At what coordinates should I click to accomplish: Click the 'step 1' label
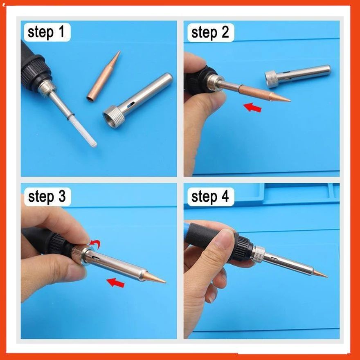[x=46, y=32]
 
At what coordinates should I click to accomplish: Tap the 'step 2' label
[x=210, y=32]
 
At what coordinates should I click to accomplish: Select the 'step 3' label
[x=47, y=196]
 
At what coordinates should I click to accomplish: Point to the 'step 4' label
[x=210, y=197]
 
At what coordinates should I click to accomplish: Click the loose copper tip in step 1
[x=103, y=76]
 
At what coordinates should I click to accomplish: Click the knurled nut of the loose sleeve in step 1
[x=114, y=117]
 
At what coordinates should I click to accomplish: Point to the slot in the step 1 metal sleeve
[x=131, y=105]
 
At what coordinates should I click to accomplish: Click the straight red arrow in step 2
[x=252, y=107]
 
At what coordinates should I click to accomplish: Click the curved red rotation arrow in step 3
[x=95, y=244]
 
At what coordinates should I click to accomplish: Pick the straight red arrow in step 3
[x=116, y=282]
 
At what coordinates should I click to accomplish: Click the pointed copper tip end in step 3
[x=166, y=282]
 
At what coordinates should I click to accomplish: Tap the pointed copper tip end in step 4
[x=327, y=277]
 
